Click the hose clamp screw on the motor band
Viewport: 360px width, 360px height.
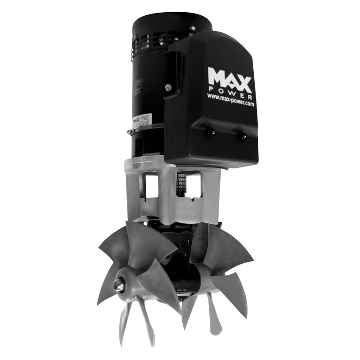click(130, 132)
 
